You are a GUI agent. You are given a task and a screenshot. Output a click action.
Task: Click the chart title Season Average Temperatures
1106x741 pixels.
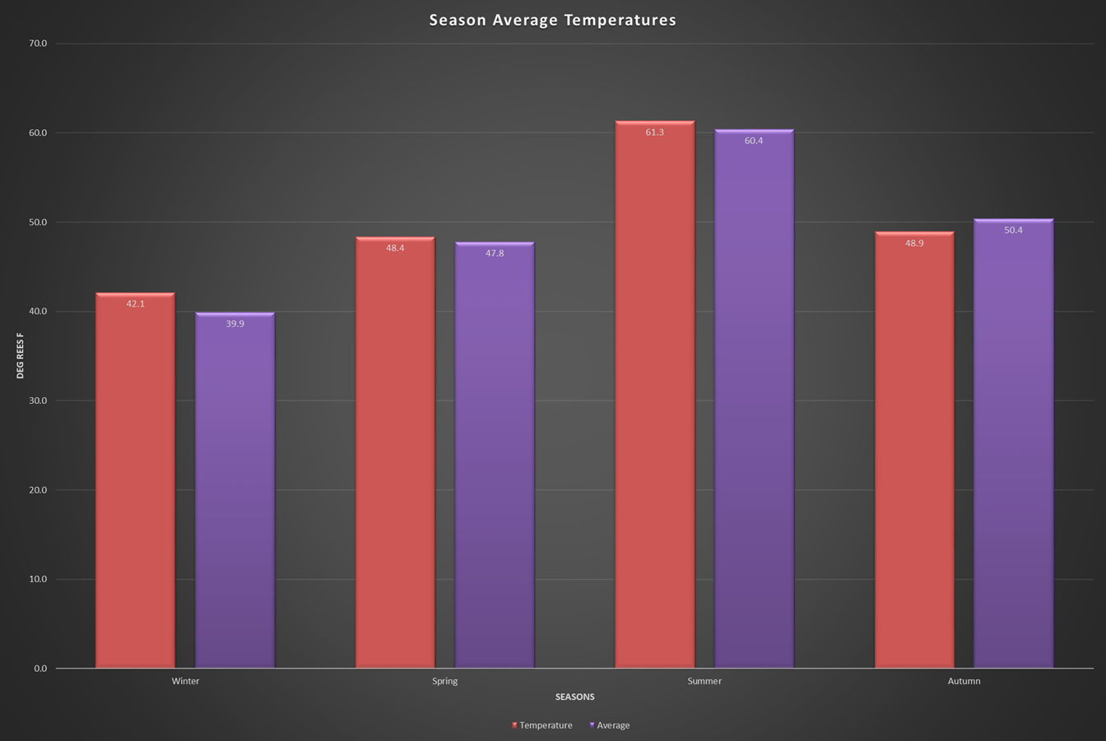pos(552,20)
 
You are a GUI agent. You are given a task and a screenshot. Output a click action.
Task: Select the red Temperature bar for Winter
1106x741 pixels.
pos(135,485)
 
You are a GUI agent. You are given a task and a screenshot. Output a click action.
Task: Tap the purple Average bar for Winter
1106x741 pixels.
pos(235,493)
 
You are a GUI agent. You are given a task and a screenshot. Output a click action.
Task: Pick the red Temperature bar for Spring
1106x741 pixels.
pos(395,456)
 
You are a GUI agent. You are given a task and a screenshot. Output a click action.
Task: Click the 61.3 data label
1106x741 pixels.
pos(654,132)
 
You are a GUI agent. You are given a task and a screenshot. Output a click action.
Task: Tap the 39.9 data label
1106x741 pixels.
pos(235,324)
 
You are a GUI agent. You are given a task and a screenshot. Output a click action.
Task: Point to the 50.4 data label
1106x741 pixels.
pos(1013,230)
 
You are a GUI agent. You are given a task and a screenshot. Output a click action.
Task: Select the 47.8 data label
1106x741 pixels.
pos(495,253)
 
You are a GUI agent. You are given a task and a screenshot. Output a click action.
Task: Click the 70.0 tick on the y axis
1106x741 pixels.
pos(39,44)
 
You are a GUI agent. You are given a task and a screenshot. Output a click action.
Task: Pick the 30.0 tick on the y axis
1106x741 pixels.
pos(39,401)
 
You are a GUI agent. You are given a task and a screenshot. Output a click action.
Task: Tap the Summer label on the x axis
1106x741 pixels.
pos(704,681)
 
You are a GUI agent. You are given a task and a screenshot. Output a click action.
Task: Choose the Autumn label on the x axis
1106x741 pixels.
pos(964,681)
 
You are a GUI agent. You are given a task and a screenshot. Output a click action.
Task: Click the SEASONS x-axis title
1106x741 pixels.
pos(574,697)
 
